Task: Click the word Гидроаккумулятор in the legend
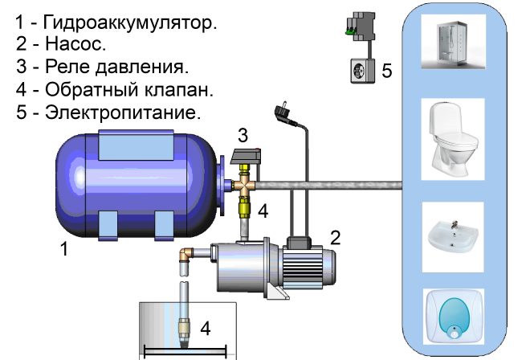point(130,23)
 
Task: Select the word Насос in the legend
point(75,44)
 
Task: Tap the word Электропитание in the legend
point(123,112)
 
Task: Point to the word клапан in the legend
point(179,90)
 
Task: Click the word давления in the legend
point(141,67)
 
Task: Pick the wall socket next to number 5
point(363,71)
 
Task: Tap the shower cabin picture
point(454,41)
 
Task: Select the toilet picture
point(453,139)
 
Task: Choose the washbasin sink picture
point(453,237)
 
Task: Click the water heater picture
point(454,317)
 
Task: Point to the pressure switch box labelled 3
point(246,157)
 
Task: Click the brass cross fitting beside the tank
point(244,184)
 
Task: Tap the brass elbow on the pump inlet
point(185,255)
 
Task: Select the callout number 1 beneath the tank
point(64,249)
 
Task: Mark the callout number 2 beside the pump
point(335,238)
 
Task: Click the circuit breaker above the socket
point(361,27)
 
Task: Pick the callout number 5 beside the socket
point(387,71)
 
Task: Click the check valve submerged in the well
point(184,333)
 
